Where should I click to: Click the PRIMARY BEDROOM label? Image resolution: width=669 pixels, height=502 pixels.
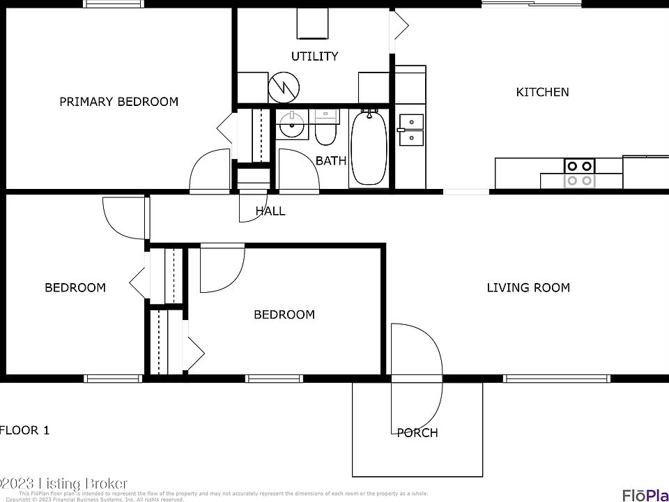pyautogui.click(x=118, y=102)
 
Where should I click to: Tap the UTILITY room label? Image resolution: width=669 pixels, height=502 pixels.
pyautogui.click(x=314, y=56)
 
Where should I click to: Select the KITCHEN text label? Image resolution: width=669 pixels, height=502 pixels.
pyautogui.click(x=542, y=92)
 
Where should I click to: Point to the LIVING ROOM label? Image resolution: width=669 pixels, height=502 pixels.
pyautogui.click(x=528, y=287)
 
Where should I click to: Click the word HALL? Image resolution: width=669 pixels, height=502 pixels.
pyautogui.click(x=270, y=211)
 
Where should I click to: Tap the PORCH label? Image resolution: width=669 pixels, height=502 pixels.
pyautogui.click(x=417, y=433)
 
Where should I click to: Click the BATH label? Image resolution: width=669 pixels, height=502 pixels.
pyautogui.click(x=330, y=161)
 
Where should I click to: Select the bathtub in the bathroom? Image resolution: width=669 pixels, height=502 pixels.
pyautogui.click(x=369, y=148)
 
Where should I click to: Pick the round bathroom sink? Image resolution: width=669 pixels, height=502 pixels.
pyautogui.click(x=291, y=127)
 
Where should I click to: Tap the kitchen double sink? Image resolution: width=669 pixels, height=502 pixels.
pyautogui.click(x=411, y=130)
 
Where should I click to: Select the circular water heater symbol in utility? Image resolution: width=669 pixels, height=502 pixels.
pyautogui.click(x=284, y=86)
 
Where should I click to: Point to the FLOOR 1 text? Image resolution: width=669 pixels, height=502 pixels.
pyautogui.click(x=25, y=430)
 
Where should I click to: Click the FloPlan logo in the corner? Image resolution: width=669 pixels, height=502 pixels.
pyautogui.click(x=644, y=495)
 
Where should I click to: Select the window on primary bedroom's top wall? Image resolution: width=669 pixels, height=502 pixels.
pyautogui.click(x=115, y=4)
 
